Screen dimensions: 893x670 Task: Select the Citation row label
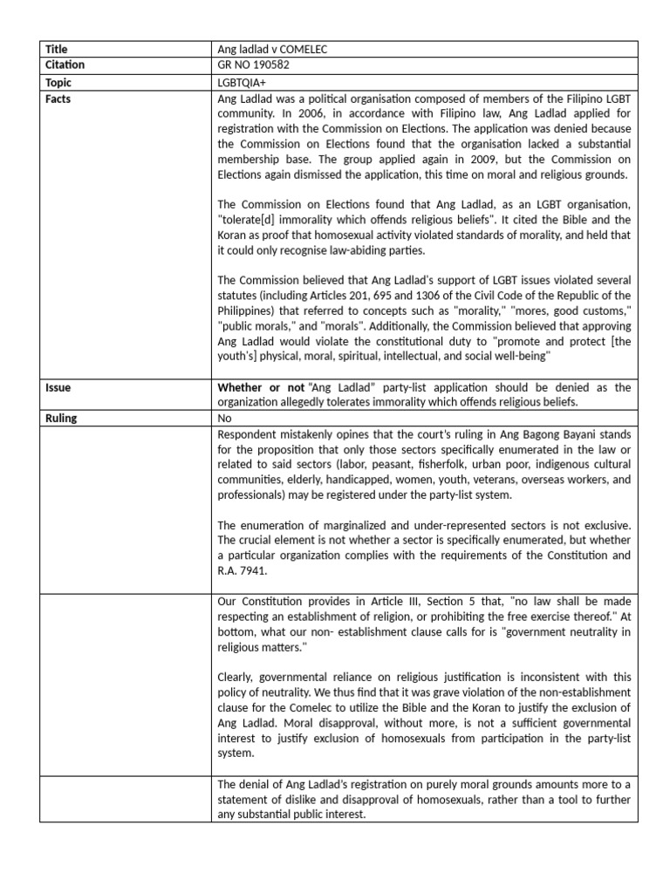tap(65, 65)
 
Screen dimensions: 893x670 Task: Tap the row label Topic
tap(58, 83)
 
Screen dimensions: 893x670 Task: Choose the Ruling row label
tap(61, 418)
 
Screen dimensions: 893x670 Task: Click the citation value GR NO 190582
tap(257, 65)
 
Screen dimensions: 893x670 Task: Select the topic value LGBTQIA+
tap(245, 83)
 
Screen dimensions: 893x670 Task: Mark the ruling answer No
tap(224, 418)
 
